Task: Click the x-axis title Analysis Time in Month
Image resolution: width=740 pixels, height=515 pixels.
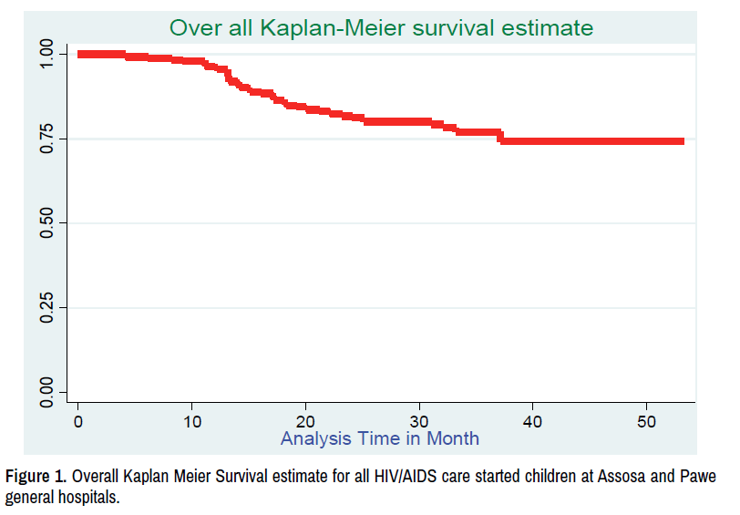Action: pyautogui.click(x=379, y=438)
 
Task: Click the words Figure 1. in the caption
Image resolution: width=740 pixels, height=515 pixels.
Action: pyautogui.click(x=36, y=476)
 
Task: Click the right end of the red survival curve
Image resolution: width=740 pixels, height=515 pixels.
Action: pyautogui.click(x=683, y=141)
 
